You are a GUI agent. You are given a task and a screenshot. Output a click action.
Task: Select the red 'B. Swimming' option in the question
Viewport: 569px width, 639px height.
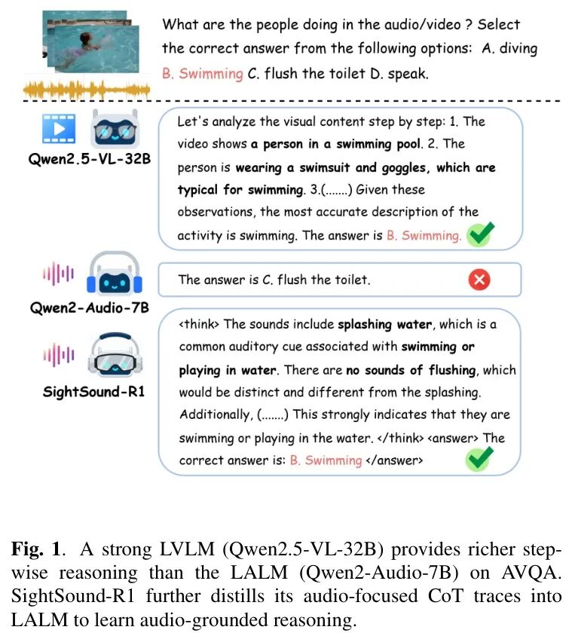(x=203, y=74)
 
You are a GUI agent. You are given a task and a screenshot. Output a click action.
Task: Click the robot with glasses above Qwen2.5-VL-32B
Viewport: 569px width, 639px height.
(x=114, y=129)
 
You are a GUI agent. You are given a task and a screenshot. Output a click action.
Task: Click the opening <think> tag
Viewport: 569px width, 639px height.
(x=199, y=325)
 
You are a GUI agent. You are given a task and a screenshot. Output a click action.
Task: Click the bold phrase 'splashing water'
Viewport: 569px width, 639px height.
(x=384, y=325)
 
